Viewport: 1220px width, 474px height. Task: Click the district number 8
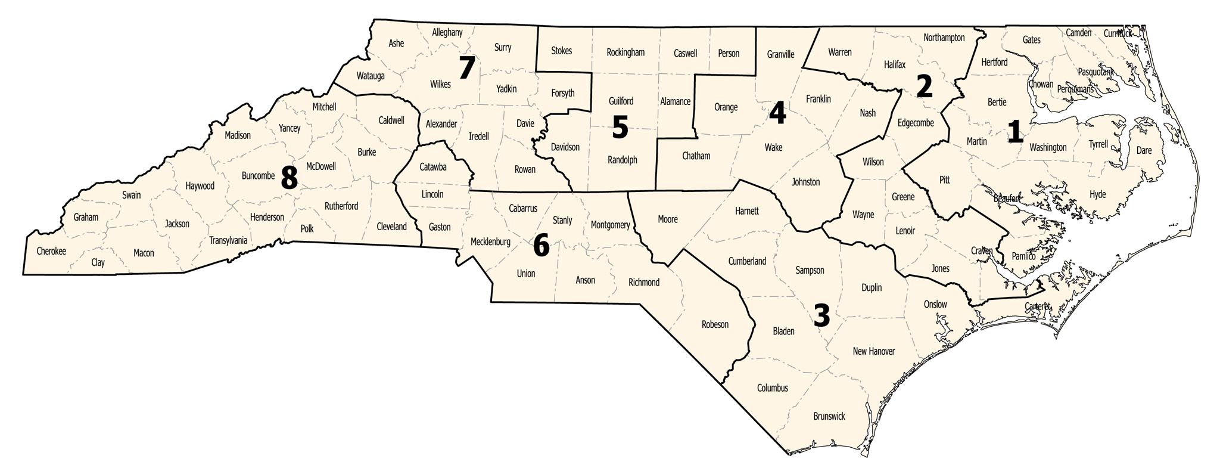(289, 176)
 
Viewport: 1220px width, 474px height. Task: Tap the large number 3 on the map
(821, 315)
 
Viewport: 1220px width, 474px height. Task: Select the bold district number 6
(541, 245)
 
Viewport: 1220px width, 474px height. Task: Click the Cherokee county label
(51, 251)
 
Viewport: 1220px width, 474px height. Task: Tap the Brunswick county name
(829, 416)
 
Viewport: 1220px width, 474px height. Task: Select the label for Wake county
(773, 147)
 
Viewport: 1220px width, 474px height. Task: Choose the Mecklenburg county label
(490, 242)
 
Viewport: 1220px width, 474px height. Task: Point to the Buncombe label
(258, 176)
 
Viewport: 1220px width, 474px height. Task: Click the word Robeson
(715, 324)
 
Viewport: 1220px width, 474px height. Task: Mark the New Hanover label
(874, 351)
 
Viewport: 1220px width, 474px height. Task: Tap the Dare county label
(1144, 150)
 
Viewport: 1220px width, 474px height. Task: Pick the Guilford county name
(621, 101)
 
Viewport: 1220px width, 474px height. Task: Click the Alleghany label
(447, 33)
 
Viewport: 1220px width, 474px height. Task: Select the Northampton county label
(944, 38)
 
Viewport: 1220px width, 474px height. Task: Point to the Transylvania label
(228, 241)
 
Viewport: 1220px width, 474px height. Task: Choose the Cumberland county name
(747, 261)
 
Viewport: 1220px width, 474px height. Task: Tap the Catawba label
(432, 167)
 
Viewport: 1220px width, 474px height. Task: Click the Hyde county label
(1097, 194)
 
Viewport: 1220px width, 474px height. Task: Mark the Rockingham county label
(625, 52)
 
